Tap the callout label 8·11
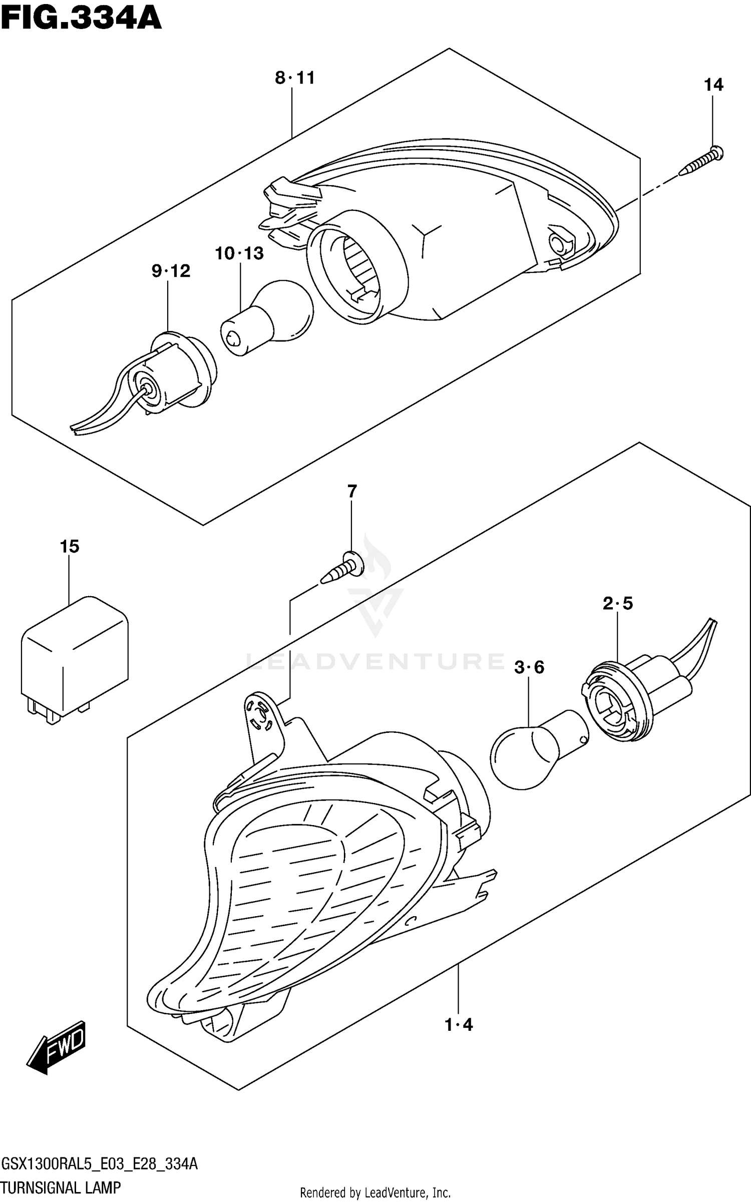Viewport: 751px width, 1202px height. (x=295, y=78)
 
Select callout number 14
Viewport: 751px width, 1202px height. (x=713, y=85)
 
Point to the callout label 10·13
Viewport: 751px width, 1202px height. (x=239, y=253)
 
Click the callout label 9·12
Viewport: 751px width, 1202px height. (x=171, y=271)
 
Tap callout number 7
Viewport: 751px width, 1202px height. (x=352, y=492)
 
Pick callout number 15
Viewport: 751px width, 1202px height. (x=70, y=546)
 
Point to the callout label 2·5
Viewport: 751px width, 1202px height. (x=617, y=604)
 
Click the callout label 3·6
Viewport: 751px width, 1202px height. (x=529, y=667)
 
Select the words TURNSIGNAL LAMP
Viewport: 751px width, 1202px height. (x=61, y=1187)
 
